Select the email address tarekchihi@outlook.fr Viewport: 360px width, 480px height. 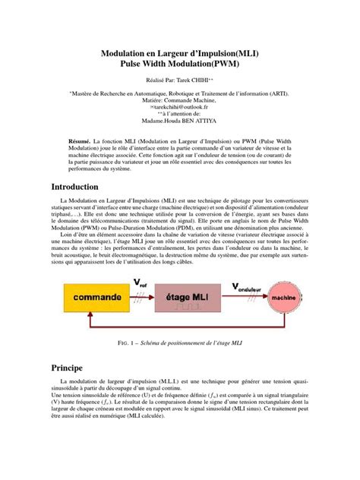(x=180, y=108)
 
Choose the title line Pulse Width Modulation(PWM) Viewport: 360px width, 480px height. (x=179, y=65)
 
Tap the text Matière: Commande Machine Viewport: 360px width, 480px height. (x=179, y=100)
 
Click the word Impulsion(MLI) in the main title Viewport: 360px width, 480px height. (x=224, y=52)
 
